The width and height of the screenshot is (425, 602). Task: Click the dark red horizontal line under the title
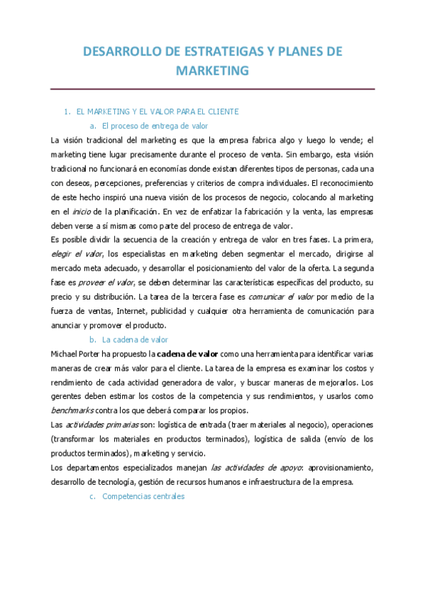point(212,89)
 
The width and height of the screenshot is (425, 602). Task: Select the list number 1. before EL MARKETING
point(67,111)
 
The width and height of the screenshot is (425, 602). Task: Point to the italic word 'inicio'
point(81,212)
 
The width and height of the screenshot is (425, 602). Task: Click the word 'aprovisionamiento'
point(337,468)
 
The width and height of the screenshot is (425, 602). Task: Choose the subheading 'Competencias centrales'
point(143,496)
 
